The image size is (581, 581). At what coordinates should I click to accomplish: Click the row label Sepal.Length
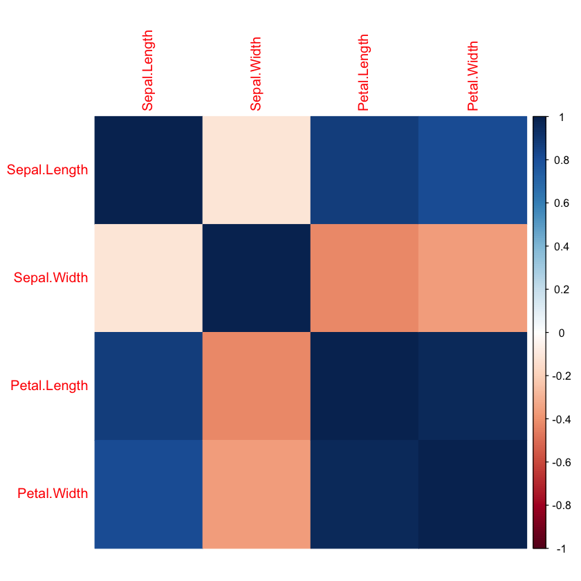coord(48,170)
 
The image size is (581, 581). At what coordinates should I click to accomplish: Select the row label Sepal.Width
coord(51,278)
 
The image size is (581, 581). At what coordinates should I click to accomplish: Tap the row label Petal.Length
coord(50,386)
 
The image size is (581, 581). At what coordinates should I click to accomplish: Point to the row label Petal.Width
coord(53,494)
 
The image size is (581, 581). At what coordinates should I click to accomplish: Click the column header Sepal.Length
coord(147,71)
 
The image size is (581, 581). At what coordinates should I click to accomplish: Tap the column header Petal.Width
coord(472,76)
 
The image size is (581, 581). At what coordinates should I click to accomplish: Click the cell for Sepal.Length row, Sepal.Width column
coord(256,170)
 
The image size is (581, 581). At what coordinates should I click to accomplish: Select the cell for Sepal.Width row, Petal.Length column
coord(364,278)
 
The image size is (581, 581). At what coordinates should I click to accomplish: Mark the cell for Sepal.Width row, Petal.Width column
coord(472,278)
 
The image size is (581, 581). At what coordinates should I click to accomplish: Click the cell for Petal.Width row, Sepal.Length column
coord(148,494)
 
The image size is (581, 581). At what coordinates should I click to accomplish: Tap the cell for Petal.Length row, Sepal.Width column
coord(256,386)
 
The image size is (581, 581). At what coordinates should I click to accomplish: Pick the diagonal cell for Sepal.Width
coord(256,278)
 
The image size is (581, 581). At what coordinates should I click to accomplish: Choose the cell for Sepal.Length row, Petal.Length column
coord(364,170)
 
